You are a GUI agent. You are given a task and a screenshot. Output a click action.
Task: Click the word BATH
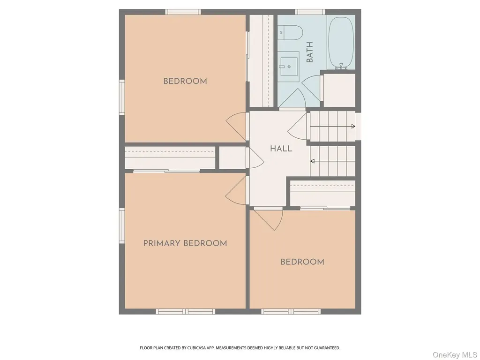309,52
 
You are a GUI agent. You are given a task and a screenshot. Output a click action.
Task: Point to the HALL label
281,149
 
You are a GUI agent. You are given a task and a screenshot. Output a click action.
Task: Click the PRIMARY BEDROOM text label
185,243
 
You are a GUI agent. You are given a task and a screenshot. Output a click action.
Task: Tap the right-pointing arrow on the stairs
332,126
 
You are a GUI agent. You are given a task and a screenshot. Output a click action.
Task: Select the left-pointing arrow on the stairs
333,161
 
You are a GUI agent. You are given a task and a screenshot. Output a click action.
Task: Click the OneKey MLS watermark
455,355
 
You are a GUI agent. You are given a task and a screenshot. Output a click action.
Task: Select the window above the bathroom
310,12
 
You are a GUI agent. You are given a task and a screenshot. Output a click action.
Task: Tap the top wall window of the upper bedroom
183,12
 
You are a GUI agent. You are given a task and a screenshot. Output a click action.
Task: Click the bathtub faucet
341,66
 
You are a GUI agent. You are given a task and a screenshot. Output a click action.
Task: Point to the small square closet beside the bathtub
339,90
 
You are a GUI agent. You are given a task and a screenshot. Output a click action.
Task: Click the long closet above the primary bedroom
170,157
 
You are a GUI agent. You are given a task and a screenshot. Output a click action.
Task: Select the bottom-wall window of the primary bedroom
185,311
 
